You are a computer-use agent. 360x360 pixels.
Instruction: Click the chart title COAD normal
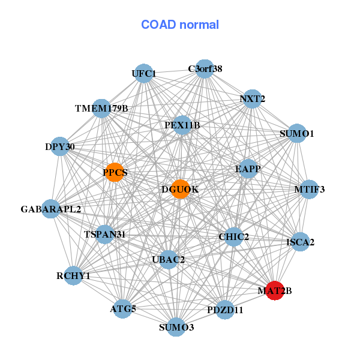(x=180, y=25)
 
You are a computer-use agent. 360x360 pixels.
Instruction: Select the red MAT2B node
(x=275, y=290)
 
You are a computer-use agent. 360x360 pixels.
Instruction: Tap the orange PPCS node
(x=115, y=173)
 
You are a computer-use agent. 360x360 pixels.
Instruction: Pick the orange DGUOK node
(x=180, y=189)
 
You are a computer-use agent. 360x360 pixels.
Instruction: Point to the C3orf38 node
(x=205, y=68)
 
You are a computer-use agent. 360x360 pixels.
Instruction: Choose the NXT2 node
(x=253, y=98)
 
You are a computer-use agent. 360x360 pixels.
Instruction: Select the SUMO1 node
(x=297, y=133)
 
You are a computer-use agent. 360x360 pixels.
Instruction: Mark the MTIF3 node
(x=309, y=190)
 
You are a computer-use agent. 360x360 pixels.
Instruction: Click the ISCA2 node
(x=301, y=242)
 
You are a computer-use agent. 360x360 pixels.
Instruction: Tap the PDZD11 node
(x=225, y=310)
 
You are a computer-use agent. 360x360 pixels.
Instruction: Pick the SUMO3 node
(x=176, y=327)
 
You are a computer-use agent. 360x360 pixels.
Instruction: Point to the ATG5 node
(x=123, y=308)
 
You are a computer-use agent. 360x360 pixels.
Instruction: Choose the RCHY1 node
(x=73, y=275)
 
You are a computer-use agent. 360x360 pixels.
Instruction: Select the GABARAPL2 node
(x=51, y=209)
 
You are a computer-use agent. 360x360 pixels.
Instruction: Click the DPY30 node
(x=60, y=146)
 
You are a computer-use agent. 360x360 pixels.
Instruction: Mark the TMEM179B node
(x=101, y=109)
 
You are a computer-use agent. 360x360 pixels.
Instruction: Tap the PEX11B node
(x=182, y=125)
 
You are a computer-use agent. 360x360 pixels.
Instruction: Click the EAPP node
(x=248, y=169)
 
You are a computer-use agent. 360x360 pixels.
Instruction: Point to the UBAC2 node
(x=169, y=259)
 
